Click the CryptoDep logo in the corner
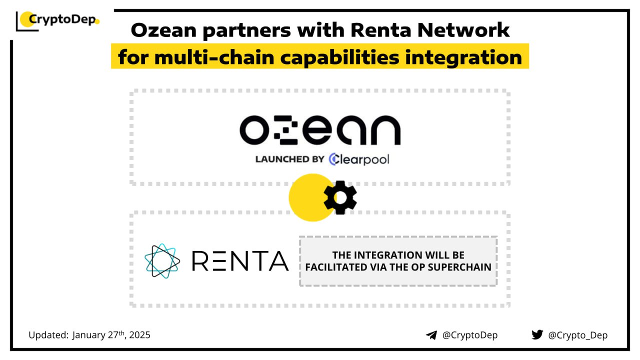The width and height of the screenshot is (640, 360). point(58,20)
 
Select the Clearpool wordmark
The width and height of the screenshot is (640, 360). point(359,159)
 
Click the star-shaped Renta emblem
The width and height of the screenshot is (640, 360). point(162,260)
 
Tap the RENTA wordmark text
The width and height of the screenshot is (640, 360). point(240,260)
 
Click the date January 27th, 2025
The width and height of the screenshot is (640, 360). point(111,335)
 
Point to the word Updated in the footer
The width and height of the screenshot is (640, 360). point(48,335)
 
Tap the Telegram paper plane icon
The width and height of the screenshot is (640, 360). point(431,335)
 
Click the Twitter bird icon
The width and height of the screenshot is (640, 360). point(537,334)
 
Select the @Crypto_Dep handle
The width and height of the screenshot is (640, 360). point(577,335)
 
